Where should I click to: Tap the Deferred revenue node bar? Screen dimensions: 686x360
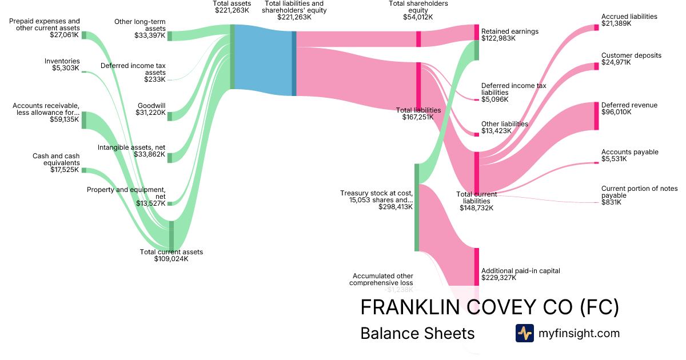(x=597, y=116)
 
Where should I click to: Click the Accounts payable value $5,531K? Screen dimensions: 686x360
(x=614, y=159)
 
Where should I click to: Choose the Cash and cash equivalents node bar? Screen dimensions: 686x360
(x=83, y=170)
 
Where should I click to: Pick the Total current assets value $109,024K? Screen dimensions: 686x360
(x=171, y=259)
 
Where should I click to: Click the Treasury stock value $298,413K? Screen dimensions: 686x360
(x=396, y=207)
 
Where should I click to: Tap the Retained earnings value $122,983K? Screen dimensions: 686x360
(x=498, y=39)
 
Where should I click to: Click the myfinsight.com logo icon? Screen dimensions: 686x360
(x=524, y=333)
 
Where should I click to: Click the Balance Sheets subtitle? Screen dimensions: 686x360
(x=417, y=333)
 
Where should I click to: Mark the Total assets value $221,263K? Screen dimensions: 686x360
(x=232, y=10)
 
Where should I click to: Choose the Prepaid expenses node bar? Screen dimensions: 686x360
(x=83, y=35)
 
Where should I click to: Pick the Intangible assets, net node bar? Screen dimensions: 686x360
(x=170, y=158)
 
